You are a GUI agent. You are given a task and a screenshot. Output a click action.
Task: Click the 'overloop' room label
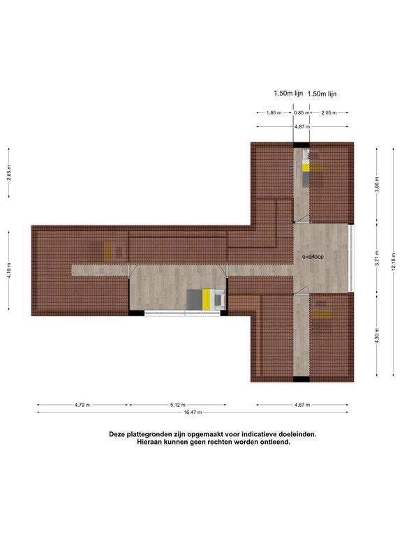coord(313,257)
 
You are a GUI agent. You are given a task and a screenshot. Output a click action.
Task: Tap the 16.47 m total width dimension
coord(193,412)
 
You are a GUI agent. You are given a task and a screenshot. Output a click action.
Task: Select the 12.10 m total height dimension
coord(394,262)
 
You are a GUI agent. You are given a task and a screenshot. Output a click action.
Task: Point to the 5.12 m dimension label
coord(178,405)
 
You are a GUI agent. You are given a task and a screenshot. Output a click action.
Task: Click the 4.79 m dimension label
coord(82,405)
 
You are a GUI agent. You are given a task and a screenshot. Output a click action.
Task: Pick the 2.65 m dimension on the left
coord(9,172)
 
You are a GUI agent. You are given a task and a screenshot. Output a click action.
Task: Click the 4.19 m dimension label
coord(9,270)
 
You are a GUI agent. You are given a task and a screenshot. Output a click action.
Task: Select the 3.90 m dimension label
coord(377,184)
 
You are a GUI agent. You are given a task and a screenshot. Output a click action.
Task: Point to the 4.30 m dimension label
coord(377,336)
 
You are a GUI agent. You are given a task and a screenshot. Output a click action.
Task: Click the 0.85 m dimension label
coord(301,112)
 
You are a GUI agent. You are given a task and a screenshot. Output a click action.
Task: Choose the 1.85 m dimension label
coord(274,112)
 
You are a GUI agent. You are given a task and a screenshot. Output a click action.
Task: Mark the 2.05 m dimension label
coord(329,112)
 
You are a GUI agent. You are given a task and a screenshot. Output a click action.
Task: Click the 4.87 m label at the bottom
coord(302,405)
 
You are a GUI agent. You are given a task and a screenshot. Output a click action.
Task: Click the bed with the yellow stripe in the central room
coord(206,299)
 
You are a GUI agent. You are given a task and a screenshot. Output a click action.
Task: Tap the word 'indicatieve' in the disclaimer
coord(259,434)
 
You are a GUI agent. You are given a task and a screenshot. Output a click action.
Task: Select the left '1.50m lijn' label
coord(288,93)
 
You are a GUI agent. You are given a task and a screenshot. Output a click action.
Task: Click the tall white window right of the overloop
coord(351,258)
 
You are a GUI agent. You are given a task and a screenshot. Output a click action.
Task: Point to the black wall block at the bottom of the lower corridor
coord(301,379)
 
